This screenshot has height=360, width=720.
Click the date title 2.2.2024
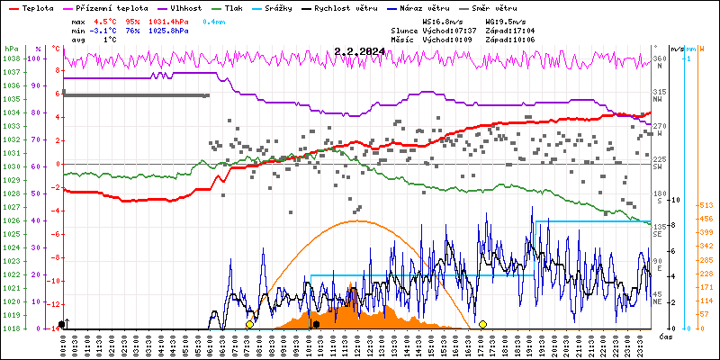pyautogui.click(x=359, y=51)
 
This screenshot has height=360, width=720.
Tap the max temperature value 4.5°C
pyautogui.click(x=107, y=21)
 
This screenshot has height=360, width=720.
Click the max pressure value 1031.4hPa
pyautogui.click(x=169, y=21)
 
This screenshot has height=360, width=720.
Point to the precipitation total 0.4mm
pyautogui.click(x=214, y=21)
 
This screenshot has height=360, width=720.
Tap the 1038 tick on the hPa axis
pyautogui.click(x=11, y=58)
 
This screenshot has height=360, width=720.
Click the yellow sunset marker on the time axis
pyautogui.click(x=483, y=324)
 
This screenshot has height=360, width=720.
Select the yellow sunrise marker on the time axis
pyautogui.click(x=249, y=324)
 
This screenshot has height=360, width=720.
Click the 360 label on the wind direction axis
pyautogui.click(x=659, y=59)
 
